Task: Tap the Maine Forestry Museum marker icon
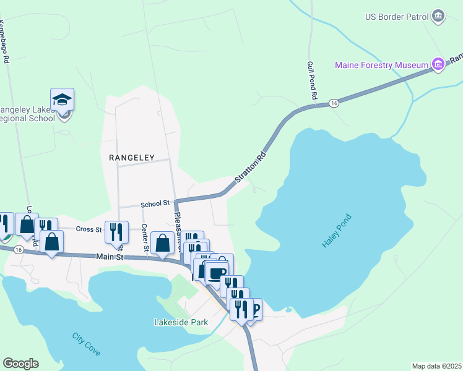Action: pos(439,64)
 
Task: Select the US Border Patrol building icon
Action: pos(439,15)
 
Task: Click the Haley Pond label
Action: pos(337,231)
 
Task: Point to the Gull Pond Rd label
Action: pos(311,81)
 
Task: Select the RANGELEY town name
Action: pos(131,158)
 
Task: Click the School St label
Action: pos(155,203)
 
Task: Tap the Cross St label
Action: pos(89,229)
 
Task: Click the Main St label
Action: pos(111,256)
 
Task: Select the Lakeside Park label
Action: pos(181,322)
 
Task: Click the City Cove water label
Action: pos(86,344)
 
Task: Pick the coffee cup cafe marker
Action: pos(216,271)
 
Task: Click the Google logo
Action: pos(20,364)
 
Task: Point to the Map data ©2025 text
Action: pos(436,366)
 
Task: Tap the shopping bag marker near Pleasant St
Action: pos(162,243)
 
